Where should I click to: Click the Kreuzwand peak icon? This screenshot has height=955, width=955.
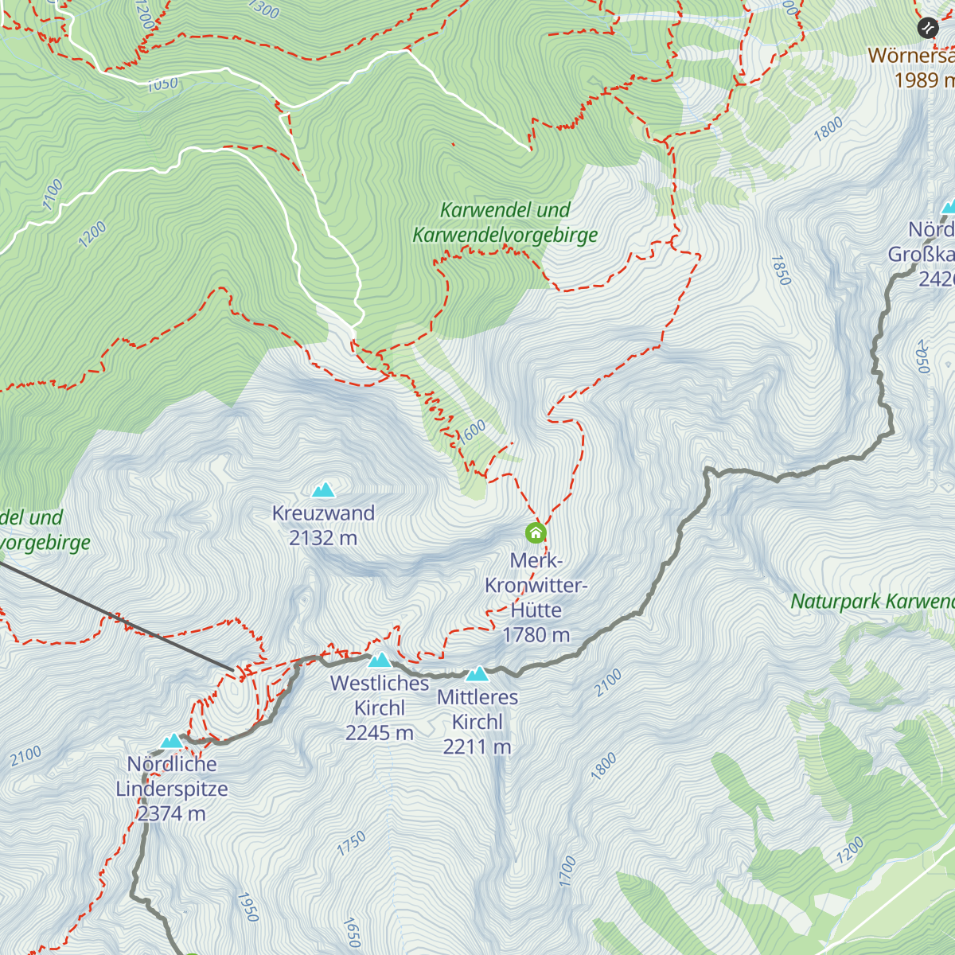(323, 489)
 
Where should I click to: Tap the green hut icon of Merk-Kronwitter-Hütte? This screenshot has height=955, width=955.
(536, 532)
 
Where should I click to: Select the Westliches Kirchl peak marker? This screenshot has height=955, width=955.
(380, 660)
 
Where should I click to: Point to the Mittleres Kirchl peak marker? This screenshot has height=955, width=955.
(477, 674)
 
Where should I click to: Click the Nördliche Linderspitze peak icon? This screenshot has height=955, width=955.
(172, 742)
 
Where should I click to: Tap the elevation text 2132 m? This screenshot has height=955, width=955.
(323, 539)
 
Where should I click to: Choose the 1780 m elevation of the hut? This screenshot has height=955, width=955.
(536, 635)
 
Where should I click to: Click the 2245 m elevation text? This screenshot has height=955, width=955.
(380, 733)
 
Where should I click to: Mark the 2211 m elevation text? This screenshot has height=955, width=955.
(477, 747)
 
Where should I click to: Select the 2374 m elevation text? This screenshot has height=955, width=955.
(172, 814)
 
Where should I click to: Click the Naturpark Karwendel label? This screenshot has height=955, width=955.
(871, 602)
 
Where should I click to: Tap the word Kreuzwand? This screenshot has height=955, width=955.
(323, 513)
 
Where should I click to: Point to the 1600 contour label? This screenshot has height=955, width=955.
(471, 432)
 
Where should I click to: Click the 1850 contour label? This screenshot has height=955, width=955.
(781, 271)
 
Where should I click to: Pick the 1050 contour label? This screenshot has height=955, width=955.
(162, 84)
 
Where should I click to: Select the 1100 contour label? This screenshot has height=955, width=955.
(53, 195)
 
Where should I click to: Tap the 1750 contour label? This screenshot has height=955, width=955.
(351, 844)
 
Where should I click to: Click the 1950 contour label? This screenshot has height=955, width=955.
(248, 906)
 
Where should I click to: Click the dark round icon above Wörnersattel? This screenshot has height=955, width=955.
(927, 29)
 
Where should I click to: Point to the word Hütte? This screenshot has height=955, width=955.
(536, 610)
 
